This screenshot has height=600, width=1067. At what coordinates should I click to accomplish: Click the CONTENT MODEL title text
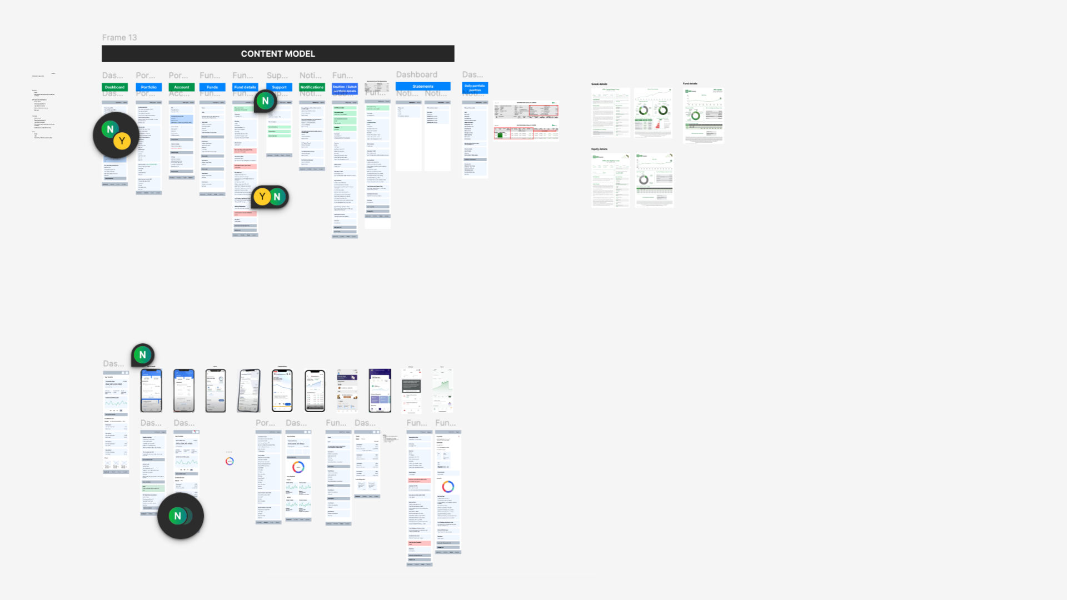pos(278,54)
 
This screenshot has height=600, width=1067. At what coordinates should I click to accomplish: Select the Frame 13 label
pos(119,38)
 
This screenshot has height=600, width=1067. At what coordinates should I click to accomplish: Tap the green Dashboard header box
pos(115,87)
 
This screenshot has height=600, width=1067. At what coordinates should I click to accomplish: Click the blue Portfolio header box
pos(148,87)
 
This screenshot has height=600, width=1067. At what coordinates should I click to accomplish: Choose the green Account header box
pos(182,87)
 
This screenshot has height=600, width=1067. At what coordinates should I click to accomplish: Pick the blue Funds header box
pos(212,87)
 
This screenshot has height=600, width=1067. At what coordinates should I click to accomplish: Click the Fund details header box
pos(245,87)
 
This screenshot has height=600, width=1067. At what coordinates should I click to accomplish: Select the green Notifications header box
pos(312,87)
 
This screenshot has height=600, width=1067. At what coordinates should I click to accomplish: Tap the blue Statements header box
pos(423,87)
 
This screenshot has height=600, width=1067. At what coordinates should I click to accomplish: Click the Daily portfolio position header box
pos(475,88)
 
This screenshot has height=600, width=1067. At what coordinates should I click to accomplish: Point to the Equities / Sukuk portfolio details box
pos(345,89)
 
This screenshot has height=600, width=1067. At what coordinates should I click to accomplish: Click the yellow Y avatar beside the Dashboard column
pos(122,141)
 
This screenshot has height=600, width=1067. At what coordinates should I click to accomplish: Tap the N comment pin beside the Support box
pos(265,101)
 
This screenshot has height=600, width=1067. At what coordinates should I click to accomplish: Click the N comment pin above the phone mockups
pos(143,355)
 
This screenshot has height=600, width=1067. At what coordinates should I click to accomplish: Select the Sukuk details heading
pos(599,84)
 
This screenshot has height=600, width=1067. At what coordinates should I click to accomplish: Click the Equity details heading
pos(599,149)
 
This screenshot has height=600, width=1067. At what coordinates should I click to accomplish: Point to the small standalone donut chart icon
pos(230,461)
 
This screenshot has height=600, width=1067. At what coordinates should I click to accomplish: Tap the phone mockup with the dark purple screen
pos(380,391)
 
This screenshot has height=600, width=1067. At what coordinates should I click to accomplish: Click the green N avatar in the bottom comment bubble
pos(177,516)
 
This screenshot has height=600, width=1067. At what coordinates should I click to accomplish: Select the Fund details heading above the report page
pos(690,84)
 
